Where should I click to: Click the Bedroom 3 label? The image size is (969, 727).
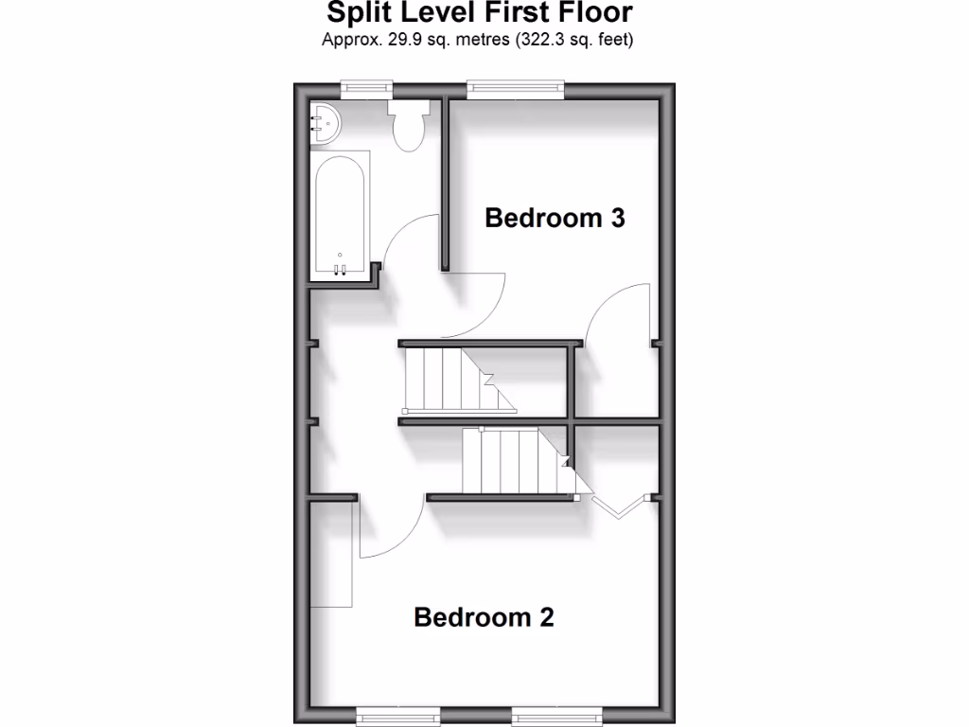pos(555,218)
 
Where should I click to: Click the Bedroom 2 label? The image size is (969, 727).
pos(484,617)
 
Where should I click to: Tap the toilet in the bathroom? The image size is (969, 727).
pos(409,126)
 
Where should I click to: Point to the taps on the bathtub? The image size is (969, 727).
pos(340,269)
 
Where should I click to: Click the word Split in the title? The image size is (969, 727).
pos(356,14)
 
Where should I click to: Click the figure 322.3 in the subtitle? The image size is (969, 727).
pos(537,40)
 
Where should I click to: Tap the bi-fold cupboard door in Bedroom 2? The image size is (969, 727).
pos(619,505)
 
